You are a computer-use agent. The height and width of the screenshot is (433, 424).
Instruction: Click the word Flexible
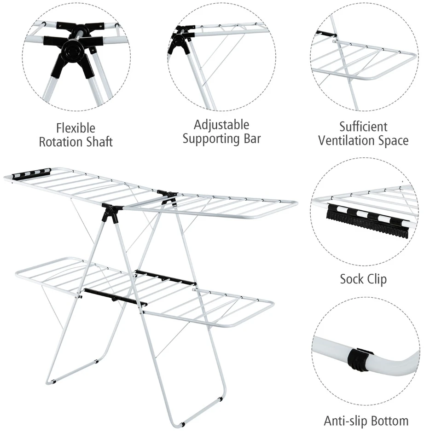[x=76, y=128]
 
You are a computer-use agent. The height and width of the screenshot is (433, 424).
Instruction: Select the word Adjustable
[x=221, y=125]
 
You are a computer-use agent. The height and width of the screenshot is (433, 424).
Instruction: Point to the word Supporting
[x=211, y=139]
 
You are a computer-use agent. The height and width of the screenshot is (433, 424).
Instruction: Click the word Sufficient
[x=363, y=127]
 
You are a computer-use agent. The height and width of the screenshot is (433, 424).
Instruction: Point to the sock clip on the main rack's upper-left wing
[x=31, y=173]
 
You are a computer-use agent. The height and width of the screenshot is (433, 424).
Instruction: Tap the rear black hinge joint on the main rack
[x=168, y=196]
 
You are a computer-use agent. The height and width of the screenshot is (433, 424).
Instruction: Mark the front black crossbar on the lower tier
[x=116, y=297]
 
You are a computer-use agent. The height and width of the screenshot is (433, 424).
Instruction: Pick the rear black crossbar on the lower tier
[x=165, y=278]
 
